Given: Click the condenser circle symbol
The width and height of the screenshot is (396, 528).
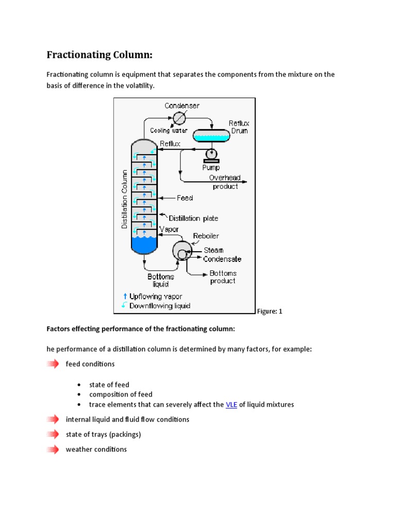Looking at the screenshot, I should [179, 118].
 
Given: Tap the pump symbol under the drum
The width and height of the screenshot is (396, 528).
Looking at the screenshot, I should [211, 154].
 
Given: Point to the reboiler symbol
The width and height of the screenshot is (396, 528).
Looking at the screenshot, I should [181, 251].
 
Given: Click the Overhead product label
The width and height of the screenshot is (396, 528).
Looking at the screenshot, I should [225, 181].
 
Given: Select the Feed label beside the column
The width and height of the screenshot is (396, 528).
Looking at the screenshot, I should [185, 197].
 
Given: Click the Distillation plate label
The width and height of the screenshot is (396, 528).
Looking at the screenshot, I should [193, 218].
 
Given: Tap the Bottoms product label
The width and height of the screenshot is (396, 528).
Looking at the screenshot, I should [223, 277].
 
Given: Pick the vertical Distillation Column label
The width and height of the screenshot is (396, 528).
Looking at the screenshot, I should [124, 200].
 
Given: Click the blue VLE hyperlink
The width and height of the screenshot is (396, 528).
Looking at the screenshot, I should [232, 405].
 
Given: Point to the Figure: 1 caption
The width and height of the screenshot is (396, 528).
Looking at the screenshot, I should [269, 311].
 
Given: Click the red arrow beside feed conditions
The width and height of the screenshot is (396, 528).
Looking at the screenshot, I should [53, 364].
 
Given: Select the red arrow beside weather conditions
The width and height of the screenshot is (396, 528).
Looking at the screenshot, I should [53, 449].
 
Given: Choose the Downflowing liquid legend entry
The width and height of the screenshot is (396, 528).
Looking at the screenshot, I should [155, 305].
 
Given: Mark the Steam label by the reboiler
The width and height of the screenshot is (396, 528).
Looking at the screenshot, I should [213, 250].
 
